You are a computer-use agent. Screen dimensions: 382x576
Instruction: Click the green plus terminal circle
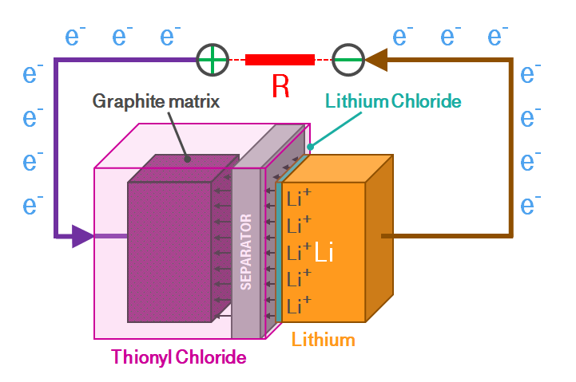[x=213, y=59]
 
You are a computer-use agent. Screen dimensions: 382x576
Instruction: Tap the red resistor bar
[x=280, y=59]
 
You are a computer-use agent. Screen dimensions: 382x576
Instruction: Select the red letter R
[x=280, y=86]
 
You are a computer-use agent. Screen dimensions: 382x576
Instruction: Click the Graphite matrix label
[x=156, y=101]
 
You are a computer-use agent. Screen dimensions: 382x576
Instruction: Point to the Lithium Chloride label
[x=394, y=101]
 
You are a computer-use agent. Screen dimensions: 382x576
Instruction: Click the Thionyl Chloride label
[x=179, y=357]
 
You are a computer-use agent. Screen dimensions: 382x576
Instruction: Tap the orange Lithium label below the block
[x=323, y=340]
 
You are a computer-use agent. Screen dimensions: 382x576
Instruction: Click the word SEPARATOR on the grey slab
[x=246, y=250]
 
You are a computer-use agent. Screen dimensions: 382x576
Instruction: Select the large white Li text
[x=324, y=253]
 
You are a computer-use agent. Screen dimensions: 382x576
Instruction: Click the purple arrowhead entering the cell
[x=82, y=236]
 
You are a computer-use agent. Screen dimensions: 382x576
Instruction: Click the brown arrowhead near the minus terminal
[x=377, y=59]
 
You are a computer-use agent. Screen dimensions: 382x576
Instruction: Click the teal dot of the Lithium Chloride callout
[x=311, y=146]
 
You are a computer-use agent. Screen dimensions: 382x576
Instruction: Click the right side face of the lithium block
[x=379, y=239]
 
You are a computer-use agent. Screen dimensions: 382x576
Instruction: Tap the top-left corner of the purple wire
[x=56, y=60]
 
